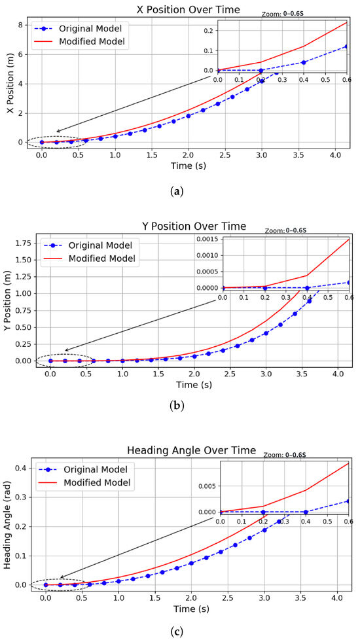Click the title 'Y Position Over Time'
(x=194, y=226)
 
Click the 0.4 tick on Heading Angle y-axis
(x=20, y=467)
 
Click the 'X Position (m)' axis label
(x=10, y=82)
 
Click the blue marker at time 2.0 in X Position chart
(x=189, y=116)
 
